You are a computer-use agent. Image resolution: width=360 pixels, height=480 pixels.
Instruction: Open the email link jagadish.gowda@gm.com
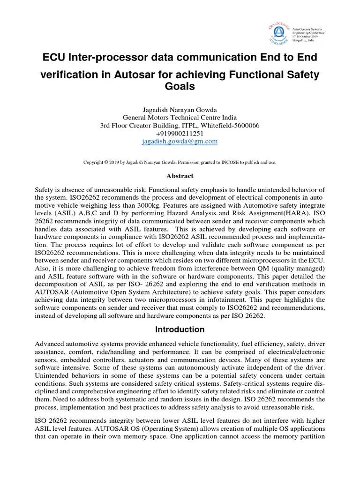click(x=180, y=141)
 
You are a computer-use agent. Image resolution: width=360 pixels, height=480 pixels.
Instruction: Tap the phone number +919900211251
click(x=180, y=133)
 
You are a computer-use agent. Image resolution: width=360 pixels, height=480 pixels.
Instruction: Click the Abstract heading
click(x=180, y=176)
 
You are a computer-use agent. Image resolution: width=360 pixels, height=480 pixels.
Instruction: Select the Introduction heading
click(x=180, y=329)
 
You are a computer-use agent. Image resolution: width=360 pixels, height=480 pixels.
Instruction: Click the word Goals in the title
click(x=180, y=87)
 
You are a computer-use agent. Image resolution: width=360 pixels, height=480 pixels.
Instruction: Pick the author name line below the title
click(x=180, y=110)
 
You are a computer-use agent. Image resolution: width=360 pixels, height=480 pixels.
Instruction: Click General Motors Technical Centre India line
click(x=180, y=118)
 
